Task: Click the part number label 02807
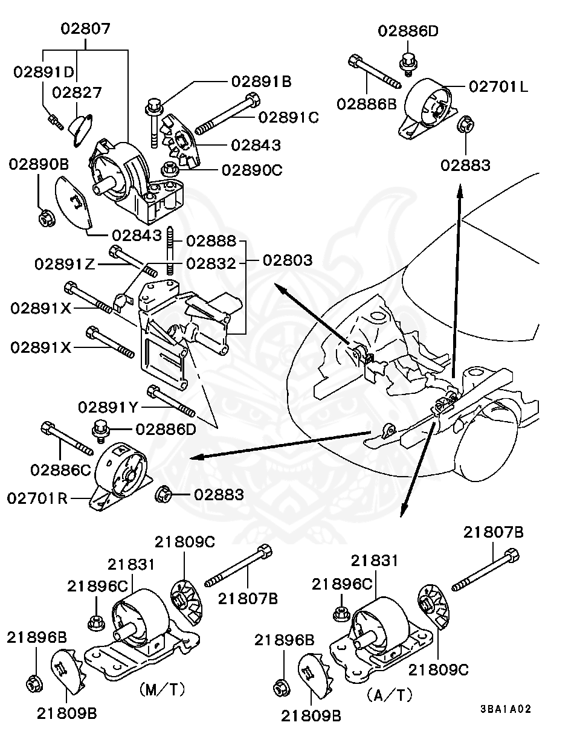(x=85, y=28)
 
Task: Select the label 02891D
(x=43, y=71)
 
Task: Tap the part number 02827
(x=76, y=92)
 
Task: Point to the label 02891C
(x=288, y=117)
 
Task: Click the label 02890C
(x=252, y=170)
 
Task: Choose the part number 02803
(x=287, y=260)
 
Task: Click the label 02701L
(x=498, y=86)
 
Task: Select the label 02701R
(x=37, y=498)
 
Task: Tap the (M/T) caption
(x=161, y=689)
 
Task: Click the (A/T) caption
(x=389, y=695)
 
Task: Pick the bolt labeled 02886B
(x=373, y=71)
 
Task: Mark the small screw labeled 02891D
(x=56, y=121)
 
